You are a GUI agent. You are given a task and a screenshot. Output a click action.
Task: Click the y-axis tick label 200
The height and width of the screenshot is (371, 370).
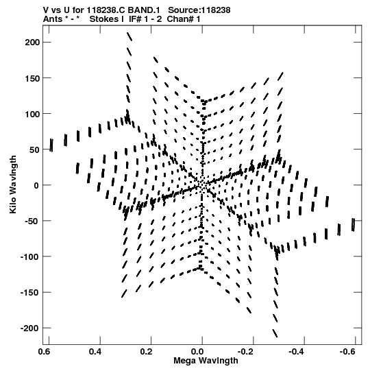tap(32, 43)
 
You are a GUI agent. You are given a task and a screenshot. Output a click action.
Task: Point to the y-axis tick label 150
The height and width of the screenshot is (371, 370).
tap(32, 78)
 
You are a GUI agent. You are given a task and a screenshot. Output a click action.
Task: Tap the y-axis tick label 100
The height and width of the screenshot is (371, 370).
tap(32, 114)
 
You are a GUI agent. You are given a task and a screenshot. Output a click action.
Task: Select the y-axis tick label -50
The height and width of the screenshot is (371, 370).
tap(32, 221)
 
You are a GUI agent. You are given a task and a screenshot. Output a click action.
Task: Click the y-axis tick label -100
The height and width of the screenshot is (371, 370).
tap(30, 256)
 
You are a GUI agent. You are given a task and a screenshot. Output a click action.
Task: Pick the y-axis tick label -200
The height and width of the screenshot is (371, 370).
tap(30, 328)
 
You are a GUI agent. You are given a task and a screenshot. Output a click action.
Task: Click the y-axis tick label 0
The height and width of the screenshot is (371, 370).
tap(36, 185)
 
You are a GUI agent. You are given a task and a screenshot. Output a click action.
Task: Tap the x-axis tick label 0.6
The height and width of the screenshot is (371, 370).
tap(45, 352)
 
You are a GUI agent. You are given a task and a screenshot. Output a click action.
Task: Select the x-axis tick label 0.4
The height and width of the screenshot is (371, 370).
tap(95, 352)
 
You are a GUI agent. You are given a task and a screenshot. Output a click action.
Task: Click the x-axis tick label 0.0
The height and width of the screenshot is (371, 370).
tap(197, 352)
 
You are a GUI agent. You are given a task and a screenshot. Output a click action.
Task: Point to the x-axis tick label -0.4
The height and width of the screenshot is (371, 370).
tap(298, 352)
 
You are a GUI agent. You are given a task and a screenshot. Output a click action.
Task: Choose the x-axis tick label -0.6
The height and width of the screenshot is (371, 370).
tap(349, 352)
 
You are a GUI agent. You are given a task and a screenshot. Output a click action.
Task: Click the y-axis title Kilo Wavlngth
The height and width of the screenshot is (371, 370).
tap(13, 184)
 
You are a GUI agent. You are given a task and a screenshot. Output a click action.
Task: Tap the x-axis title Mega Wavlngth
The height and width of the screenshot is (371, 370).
tap(206, 361)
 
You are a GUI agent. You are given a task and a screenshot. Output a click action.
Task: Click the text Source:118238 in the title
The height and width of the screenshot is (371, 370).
tap(199, 10)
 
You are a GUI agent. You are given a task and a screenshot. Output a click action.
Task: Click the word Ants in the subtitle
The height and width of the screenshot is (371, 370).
tap(53, 19)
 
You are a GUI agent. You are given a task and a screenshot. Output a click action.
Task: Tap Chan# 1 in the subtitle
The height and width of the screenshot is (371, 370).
tap(184, 19)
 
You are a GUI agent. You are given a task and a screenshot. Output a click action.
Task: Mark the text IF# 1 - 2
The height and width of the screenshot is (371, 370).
tap(145, 19)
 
